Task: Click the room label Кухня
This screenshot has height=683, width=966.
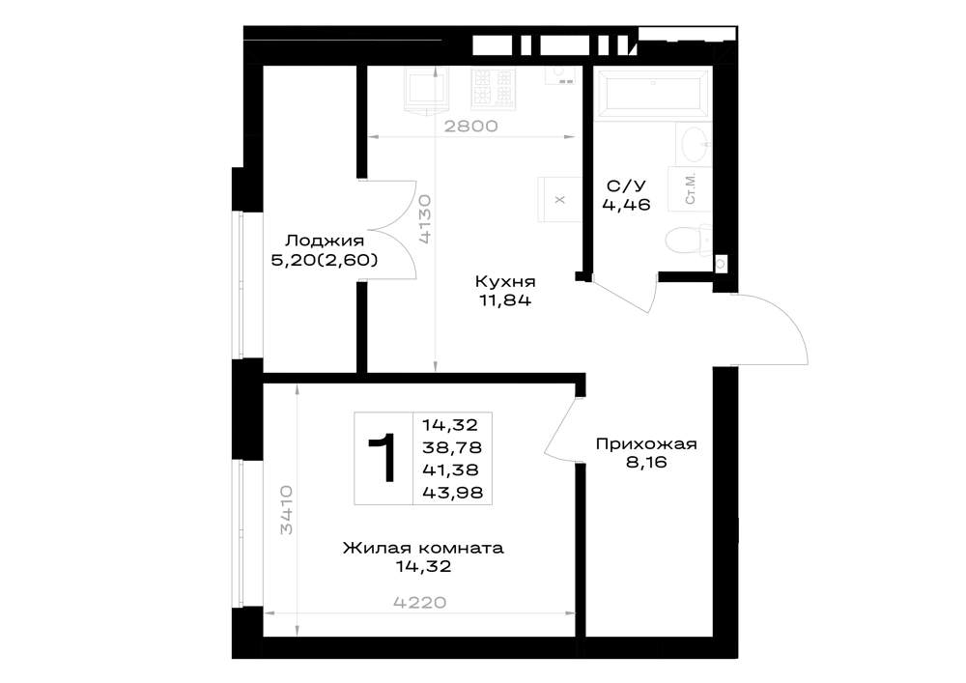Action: click(504, 281)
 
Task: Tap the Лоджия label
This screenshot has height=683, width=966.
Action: click(324, 241)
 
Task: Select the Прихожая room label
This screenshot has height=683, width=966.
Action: click(645, 444)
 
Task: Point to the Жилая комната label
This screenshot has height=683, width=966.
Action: click(423, 548)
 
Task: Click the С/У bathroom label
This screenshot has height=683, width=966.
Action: click(626, 186)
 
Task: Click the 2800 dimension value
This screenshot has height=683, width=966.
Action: click(470, 127)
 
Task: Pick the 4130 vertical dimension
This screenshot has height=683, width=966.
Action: click(424, 220)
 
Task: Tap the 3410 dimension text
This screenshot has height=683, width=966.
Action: click(286, 510)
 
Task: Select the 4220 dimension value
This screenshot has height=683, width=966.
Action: click(419, 602)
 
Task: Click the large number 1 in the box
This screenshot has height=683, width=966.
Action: click(384, 458)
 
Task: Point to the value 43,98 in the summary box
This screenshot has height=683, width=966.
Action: click(452, 493)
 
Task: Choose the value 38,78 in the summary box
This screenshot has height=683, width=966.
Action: click(452, 447)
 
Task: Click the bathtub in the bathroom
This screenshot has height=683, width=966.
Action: click(654, 93)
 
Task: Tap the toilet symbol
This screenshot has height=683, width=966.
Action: click(689, 240)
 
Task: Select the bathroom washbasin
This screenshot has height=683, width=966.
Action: click(695, 144)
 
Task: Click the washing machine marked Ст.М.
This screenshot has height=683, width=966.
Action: click(690, 188)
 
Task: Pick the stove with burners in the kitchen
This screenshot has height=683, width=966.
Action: click(493, 88)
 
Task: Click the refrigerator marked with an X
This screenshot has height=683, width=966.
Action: click(559, 200)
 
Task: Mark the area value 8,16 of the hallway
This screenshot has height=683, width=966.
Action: click(646, 463)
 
